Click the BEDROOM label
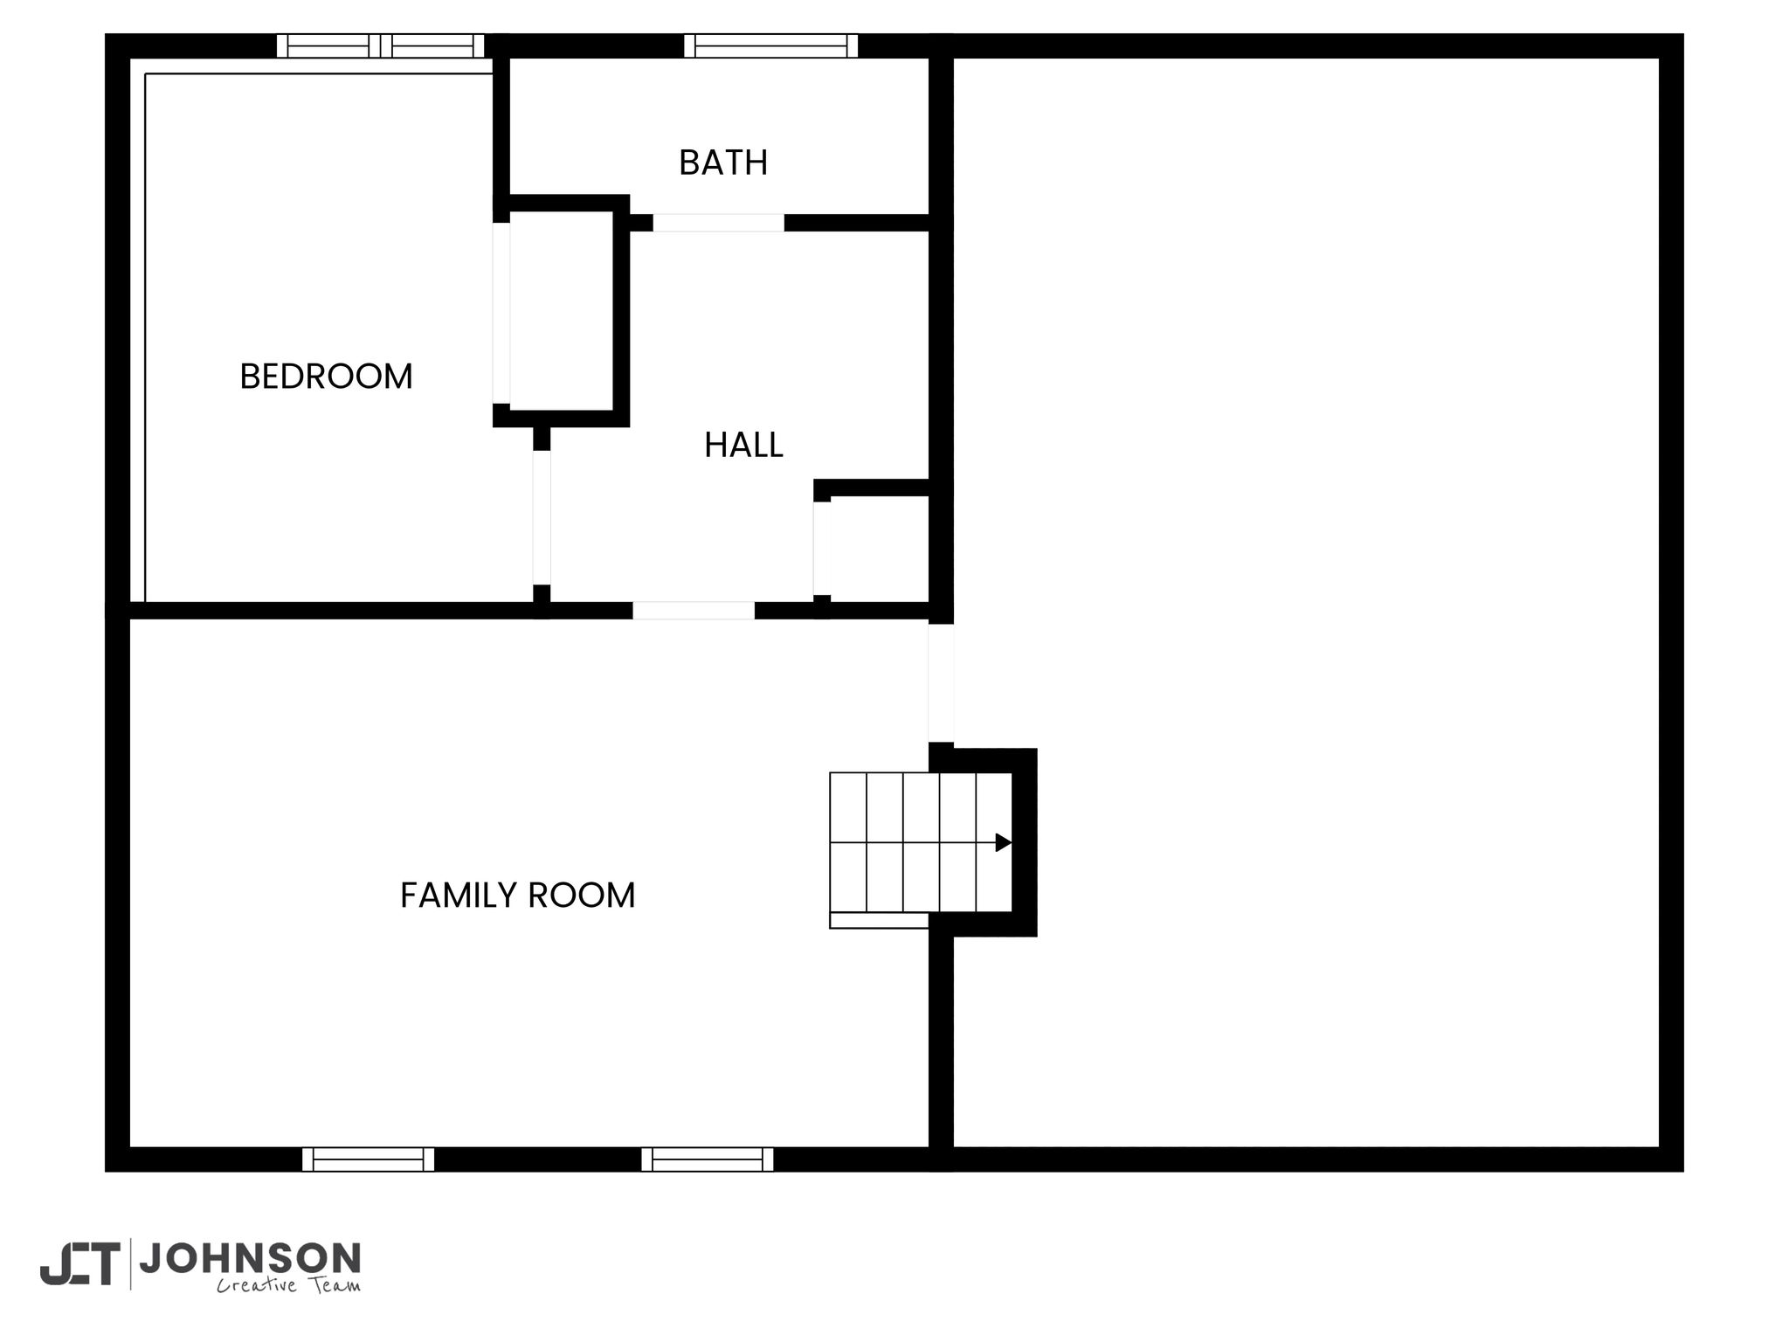point(326,377)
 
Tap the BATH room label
point(723,163)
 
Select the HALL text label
point(743,446)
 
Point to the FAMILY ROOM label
point(517,896)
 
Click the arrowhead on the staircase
point(1004,842)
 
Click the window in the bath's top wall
point(770,45)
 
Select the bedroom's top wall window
point(380,45)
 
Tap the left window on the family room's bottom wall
point(368,1159)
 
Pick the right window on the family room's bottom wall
point(707,1159)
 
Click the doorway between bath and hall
point(718,223)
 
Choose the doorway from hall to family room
point(694,611)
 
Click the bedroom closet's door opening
point(501,313)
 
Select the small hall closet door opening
point(822,548)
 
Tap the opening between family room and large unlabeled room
point(941,682)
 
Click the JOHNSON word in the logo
point(250,1258)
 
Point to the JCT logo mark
point(79,1263)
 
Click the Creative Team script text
point(288,1285)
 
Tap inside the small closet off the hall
point(879,549)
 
